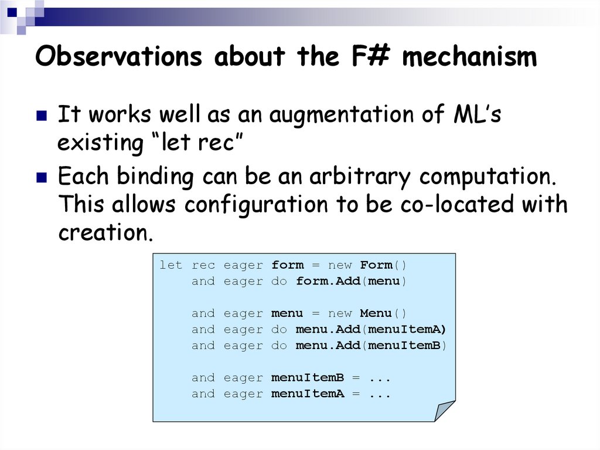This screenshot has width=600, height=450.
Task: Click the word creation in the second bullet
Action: [x=105, y=233]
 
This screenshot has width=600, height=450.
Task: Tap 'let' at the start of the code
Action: [x=171, y=265]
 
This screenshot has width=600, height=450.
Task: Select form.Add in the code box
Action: [x=328, y=282]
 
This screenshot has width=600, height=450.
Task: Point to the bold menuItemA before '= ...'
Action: [x=308, y=394]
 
